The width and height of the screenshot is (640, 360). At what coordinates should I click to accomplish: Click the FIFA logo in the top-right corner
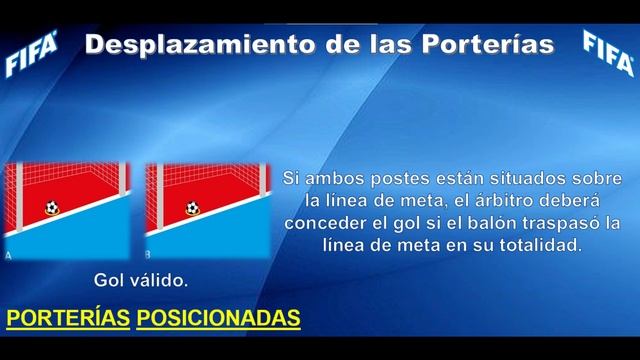coord(607,53)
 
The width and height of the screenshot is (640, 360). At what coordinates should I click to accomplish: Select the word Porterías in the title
coord(489,45)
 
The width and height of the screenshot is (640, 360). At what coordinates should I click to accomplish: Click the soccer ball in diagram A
coord(51,208)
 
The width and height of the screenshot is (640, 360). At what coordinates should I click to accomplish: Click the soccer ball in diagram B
coord(191,208)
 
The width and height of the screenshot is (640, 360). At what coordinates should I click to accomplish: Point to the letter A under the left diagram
coord(9,256)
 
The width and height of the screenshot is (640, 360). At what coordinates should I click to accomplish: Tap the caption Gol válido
coord(141,278)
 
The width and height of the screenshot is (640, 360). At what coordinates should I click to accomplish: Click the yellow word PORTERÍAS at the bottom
coord(68,318)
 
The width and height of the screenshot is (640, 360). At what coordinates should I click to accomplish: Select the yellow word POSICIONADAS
coord(218,318)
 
